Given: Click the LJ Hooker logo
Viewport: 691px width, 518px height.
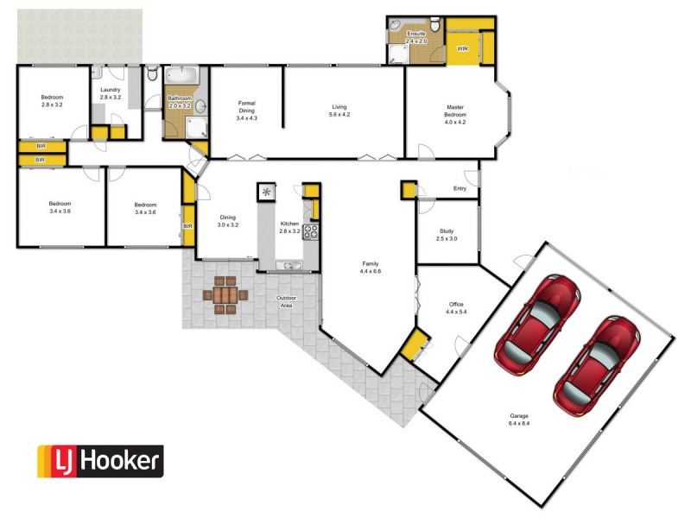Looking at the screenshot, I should (99, 461).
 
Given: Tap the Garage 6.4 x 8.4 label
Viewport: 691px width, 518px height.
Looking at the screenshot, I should (519, 420).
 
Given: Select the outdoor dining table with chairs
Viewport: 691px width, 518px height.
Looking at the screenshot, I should (225, 294).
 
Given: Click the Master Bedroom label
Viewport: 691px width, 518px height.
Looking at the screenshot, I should (455, 112).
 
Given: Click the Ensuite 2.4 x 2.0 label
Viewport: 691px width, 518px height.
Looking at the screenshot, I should (416, 37).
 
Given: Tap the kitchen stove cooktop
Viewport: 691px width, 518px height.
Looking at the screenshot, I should (311, 231).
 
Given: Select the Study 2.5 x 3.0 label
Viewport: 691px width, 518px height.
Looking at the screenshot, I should (447, 234).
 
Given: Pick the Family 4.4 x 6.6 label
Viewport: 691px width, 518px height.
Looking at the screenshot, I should (371, 268).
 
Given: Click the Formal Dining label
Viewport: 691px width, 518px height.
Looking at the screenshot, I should (247, 110).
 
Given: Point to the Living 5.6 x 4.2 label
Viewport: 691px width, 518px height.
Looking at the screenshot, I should (339, 111).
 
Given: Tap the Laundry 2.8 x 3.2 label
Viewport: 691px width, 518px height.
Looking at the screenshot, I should (110, 93).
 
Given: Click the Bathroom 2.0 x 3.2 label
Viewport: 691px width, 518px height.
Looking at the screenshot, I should (180, 102).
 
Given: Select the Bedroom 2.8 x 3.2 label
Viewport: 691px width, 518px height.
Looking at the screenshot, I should (52, 101).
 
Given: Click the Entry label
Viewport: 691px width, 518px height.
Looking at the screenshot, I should (460, 190).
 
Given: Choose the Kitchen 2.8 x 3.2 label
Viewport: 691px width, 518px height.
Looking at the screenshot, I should (289, 228).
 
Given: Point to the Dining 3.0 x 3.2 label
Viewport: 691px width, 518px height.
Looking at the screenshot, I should (227, 221).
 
